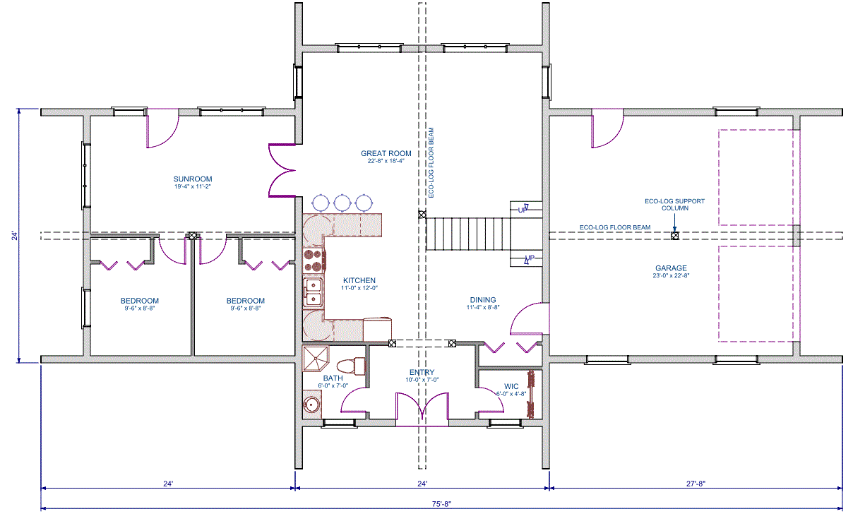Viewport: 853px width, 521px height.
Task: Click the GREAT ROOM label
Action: point(386,153)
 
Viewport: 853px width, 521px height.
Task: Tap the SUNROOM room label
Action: point(193,179)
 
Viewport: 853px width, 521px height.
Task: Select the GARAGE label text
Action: point(671,268)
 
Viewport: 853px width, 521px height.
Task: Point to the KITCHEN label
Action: point(359,281)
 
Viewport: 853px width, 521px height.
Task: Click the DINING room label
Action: point(483,300)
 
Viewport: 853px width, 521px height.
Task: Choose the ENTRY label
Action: point(422,373)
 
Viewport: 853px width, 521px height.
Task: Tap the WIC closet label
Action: point(511,387)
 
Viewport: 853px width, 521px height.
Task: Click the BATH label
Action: point(333,378)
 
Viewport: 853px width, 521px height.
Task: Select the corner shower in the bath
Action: point(316,359)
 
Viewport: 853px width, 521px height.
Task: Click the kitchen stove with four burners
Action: point(314,260)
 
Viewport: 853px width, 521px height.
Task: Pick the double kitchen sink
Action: point(313,292)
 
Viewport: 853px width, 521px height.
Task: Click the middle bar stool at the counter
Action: point(342,203)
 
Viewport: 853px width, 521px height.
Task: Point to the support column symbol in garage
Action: point(675,236)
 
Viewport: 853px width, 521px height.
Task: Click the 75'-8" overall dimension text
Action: point(441,504)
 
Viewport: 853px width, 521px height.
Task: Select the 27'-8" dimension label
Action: point(696,484)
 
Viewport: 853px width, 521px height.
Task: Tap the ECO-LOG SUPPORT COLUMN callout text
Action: point(675,205)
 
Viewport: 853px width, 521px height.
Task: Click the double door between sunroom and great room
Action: point(282,171)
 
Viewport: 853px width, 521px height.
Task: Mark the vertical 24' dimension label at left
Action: point(14,236)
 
